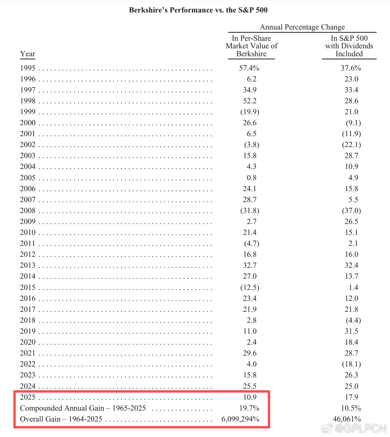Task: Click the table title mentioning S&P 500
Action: click(x=198, y=10)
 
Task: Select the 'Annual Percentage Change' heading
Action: click(x=302, y=27)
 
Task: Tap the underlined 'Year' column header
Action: click(x=28, y=54)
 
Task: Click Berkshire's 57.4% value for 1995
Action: click(x=249, y=68)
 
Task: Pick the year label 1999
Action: click(x=28, y=112)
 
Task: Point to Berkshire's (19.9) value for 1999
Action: click(x=250, y=112)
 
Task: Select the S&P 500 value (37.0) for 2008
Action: click(x=351, y=211)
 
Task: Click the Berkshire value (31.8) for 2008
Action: click(x=250, y=211)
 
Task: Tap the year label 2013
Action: click(x=28, y=265)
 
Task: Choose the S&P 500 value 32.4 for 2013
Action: click(x=351, y=265)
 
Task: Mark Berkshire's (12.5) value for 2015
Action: click(x=250, y=287)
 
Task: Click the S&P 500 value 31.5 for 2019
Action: click(x=351, y=331)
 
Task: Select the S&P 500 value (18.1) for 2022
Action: click(x=351, y=364)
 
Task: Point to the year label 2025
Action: click(x=28, y=397)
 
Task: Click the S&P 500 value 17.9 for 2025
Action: click(x=351, y=397)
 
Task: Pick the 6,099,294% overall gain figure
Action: click(x=240, y=419)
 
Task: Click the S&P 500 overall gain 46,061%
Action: click(x=347, y=419)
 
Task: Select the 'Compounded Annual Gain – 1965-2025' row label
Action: click(x=83, y=408)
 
